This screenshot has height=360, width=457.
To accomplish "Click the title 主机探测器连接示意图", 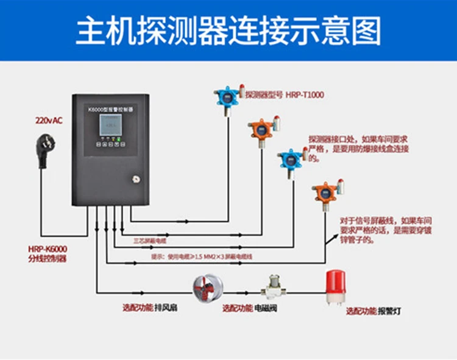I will coord(228,30).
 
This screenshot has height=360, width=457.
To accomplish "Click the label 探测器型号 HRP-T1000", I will coord(284,94).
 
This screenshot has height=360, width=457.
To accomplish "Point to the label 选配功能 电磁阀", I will coord(250,308).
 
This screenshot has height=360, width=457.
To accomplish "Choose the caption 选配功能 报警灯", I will coord(374,311).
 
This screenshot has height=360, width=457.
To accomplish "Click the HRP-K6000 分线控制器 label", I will coord(47,253).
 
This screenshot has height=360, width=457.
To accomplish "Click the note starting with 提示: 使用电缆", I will coord(201,257).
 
